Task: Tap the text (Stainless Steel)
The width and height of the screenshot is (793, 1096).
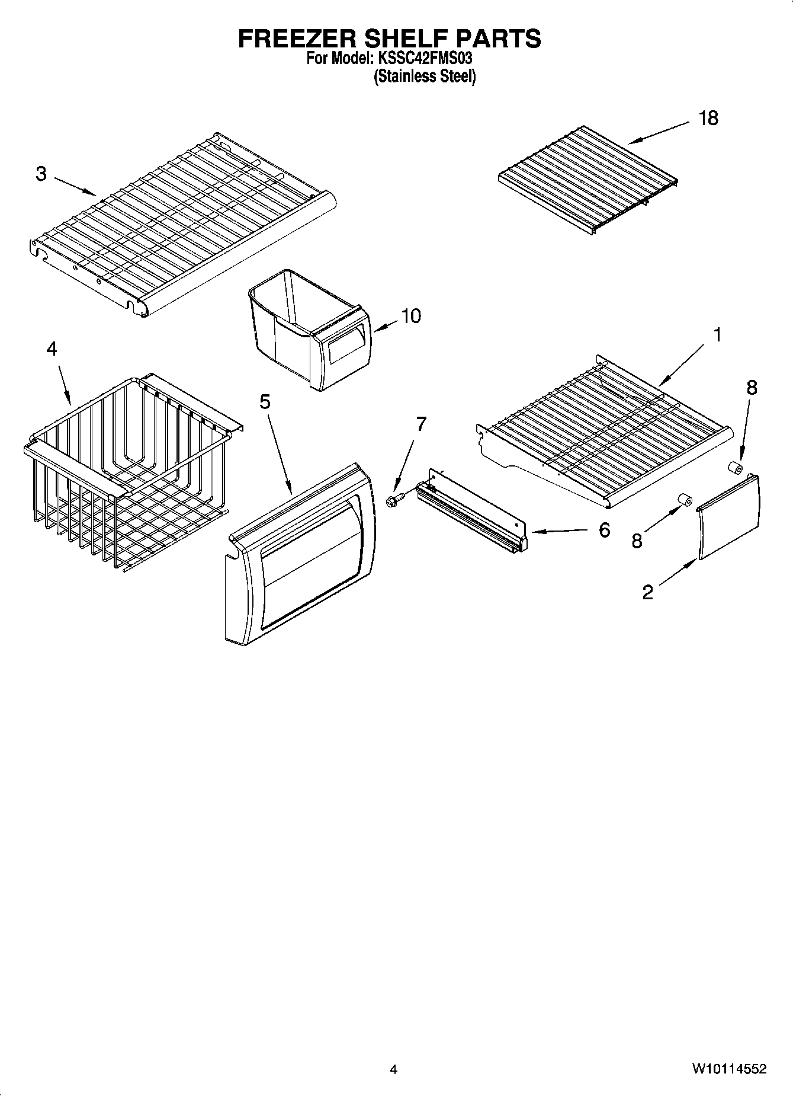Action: (424, 76)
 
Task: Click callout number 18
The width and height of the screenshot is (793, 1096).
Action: (708, 118)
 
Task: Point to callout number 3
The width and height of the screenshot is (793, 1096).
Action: (41, 174)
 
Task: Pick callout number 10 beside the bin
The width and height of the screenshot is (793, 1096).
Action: (411, 316)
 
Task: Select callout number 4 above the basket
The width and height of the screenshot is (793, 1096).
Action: (52, 349)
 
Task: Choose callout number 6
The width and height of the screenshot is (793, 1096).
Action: (603, 529)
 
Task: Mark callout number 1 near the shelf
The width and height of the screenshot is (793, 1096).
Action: (717, 335)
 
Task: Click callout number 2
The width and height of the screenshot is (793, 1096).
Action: (647, 592)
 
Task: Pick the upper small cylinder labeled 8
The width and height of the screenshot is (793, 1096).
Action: (735, 469)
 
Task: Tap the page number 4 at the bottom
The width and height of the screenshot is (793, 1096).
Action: (393, 1069)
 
